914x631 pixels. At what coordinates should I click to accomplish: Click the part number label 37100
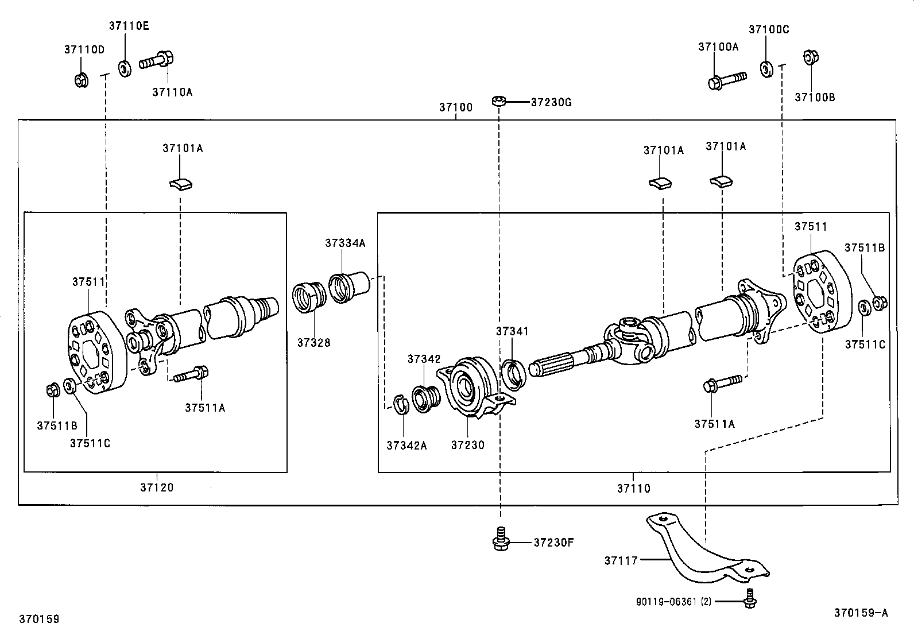pos(456,107)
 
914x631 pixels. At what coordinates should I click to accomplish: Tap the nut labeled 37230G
pos(498,102)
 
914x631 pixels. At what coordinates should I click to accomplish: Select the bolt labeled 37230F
pos(501,540)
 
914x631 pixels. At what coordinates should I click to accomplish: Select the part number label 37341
pos(512,331)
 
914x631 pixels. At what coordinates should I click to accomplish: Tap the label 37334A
pos(345,243)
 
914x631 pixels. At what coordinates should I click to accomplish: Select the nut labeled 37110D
pos(81,79)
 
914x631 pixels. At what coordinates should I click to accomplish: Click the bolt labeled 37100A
pos(726,80)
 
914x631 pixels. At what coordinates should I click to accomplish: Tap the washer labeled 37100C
pos(766,68)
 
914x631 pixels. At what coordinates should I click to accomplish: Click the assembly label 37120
pos(157,487)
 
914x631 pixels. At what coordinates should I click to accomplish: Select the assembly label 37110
pos(634,488)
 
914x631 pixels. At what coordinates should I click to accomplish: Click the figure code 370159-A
pos(861,613)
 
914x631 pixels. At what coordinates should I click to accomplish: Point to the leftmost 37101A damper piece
pos(180,183)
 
